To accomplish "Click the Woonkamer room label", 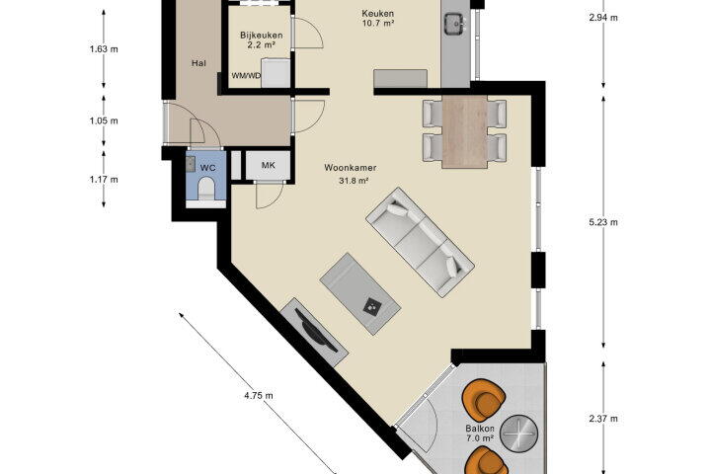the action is [350, 168].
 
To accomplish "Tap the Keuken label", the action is [377, 14].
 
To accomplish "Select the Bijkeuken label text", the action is [262, 36].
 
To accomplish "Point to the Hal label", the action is [198, 63].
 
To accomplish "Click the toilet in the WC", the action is [207, 189].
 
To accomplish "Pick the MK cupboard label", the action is [268, 166].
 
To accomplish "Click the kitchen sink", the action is [454, 23].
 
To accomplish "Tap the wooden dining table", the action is [465, 131].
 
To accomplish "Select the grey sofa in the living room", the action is [420, 242].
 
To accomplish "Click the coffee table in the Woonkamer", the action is [360, 294].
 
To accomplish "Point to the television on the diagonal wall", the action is [315, 332].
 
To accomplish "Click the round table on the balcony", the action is [518, 434].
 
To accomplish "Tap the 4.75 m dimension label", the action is [259, 396].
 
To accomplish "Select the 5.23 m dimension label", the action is [603, 222].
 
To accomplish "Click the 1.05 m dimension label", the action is [104, 121].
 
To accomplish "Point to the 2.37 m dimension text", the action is [603, 419].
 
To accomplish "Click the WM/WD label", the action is [246, 76].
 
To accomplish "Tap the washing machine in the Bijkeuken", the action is [276, 73].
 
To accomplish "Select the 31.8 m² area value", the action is [354, 181].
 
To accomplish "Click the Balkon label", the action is [480, 429].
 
